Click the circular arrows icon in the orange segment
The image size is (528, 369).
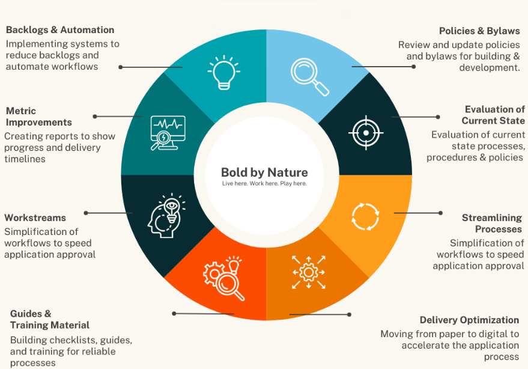[x=365, y=216]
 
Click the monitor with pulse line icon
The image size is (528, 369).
[x=166, y=132]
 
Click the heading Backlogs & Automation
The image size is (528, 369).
[x=60, y=30]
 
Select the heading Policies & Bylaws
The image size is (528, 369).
[x=479, y=31]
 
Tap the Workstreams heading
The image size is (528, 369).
[x=35, y=218]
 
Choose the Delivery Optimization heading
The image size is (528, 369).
[x=469, y=320]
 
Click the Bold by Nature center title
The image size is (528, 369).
[x=264, y=173]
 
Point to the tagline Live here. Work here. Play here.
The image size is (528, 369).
[x=264, y=183]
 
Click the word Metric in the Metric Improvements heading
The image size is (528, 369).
[x=21, y=111]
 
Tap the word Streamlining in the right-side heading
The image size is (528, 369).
[x=492, y=218]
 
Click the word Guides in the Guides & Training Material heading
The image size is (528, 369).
[x=27, y=313]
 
